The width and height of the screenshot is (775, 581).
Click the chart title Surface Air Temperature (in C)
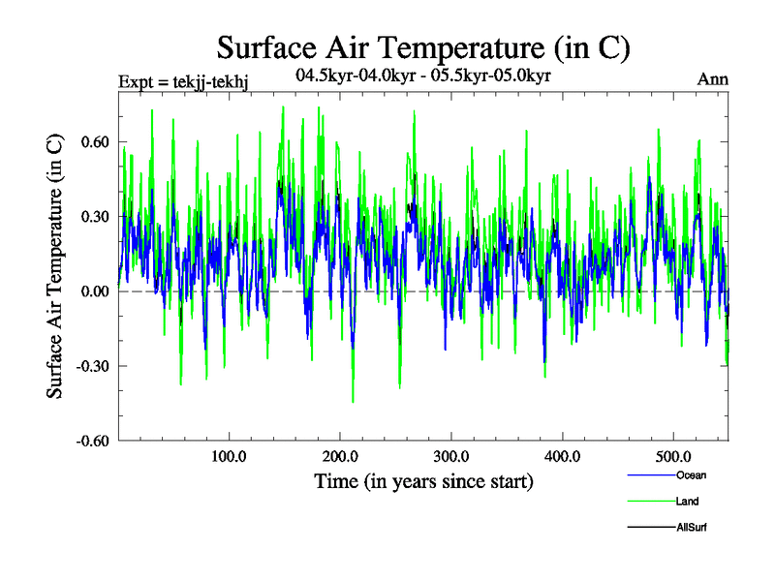click(423, 46)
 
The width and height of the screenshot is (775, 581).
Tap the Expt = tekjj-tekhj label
click(183, 81)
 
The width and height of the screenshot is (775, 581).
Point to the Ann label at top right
click(713, 80)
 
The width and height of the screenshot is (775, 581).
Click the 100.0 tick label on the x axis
click(229, 456)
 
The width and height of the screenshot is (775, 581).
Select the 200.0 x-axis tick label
click(340, 456)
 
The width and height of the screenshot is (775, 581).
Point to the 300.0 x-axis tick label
click(451, 456)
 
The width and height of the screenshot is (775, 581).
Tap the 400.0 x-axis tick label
click(563, 456)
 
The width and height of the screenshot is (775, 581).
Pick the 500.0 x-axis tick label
click(674, 456)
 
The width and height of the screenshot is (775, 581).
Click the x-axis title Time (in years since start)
click(423, 481)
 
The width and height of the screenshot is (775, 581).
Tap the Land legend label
click(687, 502)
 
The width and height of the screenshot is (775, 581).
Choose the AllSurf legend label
click(693, 527)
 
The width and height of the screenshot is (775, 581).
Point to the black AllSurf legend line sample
click(651, 527)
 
